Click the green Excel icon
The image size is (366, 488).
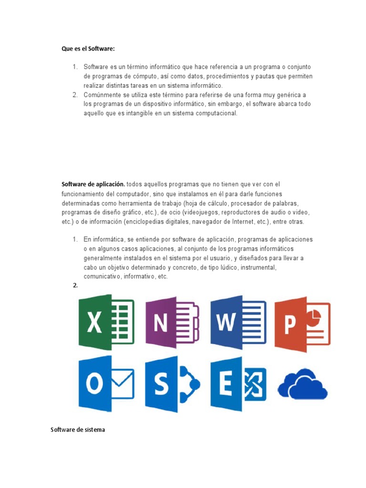coord(106,322)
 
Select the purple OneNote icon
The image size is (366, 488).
coord(172,322)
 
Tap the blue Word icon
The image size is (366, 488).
coord(238,322)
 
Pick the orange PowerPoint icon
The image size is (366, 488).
coord(302,324)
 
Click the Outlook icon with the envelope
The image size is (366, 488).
coord(106,384)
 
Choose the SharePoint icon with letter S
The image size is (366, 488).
coord(172,384)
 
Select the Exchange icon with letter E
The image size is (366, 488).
coord(238,384)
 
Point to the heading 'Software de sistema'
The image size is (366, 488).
coord(78,430)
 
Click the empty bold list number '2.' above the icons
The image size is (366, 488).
coord(75,285)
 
